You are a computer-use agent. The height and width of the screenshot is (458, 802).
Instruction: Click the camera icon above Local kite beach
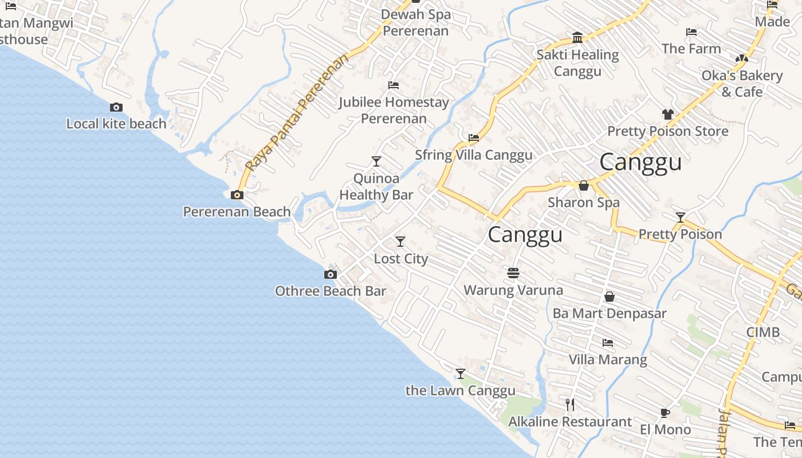pos(116,107)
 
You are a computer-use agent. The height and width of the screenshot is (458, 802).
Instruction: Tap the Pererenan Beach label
pos(237,212)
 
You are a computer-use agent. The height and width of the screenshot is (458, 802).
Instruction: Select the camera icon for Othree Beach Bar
pos(331,275)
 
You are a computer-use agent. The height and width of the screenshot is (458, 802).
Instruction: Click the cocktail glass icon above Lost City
pos(400,242)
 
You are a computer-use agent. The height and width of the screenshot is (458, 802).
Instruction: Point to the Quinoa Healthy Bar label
pos(376,187)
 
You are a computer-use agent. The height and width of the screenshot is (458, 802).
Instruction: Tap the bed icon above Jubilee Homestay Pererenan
pos(394,85)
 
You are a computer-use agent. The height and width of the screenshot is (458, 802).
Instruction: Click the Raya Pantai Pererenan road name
pos(296,113)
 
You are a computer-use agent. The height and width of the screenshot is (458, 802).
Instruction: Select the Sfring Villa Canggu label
pos(473,155)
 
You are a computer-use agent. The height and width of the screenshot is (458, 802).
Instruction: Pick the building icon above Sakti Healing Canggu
pos(577,38)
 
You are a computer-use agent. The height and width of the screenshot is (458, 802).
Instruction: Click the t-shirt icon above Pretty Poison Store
pos(667,114)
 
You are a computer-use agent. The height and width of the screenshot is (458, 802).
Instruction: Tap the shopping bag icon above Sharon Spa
pos(584,185)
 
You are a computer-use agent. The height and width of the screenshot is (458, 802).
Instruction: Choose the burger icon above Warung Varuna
pos(513,273)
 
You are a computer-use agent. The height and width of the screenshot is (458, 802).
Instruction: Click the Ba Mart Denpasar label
pos(610,314)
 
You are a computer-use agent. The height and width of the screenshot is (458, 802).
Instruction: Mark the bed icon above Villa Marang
pos(608,343)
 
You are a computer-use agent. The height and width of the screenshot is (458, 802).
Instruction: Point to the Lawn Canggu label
pos(460,391)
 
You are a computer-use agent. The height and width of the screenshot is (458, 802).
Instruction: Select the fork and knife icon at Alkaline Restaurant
pos(570,405)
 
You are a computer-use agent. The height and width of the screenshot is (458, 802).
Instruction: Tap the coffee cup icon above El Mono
pos(665,413)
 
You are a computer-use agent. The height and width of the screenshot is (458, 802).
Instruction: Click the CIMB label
pos(762,332)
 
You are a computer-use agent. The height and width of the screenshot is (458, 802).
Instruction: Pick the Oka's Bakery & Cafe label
pos(742,84)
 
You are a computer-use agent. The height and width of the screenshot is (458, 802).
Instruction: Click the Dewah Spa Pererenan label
pos(415,22)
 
